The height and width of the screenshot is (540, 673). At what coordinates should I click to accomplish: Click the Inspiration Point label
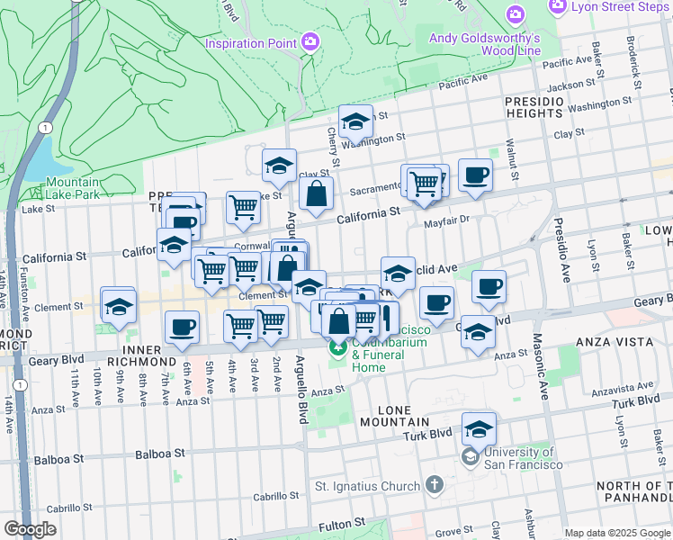(x=251, y=42)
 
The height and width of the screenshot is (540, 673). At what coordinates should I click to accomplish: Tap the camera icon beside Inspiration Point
(x=310, y=41)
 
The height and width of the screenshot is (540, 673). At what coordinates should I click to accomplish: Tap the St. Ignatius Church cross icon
(x=435, y=485)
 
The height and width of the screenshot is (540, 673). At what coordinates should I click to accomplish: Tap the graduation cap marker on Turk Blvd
(x=480, y=428)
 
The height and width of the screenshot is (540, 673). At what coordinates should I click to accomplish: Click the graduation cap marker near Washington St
(x=355, y=121)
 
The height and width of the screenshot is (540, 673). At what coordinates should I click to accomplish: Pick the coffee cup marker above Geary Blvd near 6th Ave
(x=182, y=328)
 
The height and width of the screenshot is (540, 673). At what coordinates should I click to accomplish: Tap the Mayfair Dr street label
(x=446, y=220)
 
